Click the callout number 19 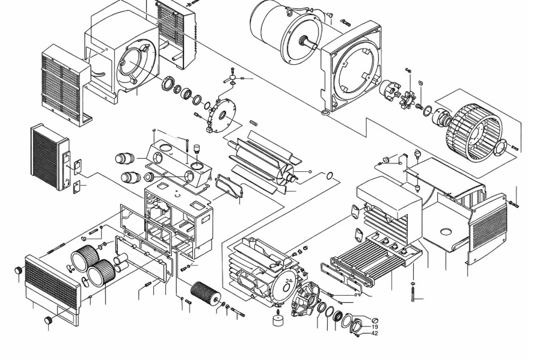point(375,327)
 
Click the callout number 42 point(375,334)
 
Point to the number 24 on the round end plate point(289,281)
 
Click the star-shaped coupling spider point(408,100)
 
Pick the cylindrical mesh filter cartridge point(206,294)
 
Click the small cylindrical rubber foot point(280,320)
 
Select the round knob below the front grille point(49,321)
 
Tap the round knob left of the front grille point(19,270)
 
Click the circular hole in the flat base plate point(445,231)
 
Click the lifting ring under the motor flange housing point(325,112)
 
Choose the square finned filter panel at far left point(50,157)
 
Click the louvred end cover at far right point(486,228)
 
